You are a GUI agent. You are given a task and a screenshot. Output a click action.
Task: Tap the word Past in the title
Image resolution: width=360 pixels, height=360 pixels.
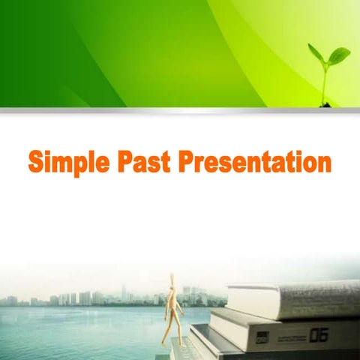pyautogui.click(x=152, y=160)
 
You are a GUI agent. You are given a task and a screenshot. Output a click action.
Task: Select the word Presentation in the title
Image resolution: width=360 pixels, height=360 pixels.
pyautogui.click(x=259, y=160)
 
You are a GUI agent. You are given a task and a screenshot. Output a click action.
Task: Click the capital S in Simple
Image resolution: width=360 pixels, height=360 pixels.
pyautogui.click(x=37, y=160)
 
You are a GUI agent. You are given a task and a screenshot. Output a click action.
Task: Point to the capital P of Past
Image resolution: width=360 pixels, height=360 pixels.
pyautogui.click(x=133, y=160)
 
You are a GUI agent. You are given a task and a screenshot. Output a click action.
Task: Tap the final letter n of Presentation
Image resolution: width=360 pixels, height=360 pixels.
pyautogui.click(x=323, y=163)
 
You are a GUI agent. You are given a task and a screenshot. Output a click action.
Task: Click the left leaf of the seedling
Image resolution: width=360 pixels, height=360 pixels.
pyautogui.click(x=315, y=54)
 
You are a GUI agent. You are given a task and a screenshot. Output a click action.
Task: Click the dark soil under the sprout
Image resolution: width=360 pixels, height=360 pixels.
pyautogui.click(x=326, y=105)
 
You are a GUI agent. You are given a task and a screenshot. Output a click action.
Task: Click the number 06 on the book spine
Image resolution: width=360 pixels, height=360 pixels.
pyautogui.click(x=318, y=335)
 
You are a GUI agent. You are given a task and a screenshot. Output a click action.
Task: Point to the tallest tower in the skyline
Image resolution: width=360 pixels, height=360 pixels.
pyautogui.click(x=124, y=292)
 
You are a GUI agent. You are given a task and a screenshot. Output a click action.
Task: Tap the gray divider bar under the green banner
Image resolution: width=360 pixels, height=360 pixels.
pyautogui.click(x=180, y=111)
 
